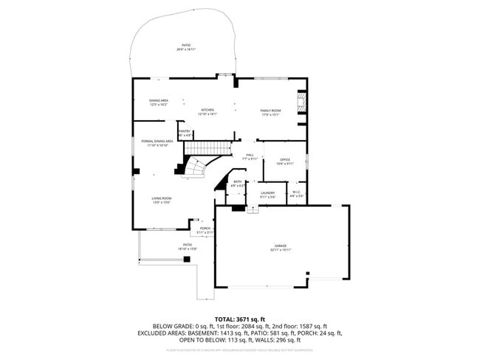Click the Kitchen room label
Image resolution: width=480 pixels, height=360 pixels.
point(208,110)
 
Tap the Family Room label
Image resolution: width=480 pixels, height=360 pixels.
point(271,110)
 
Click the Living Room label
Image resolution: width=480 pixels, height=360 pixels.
point(162,198)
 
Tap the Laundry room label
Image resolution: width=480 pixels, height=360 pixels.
point(267,193)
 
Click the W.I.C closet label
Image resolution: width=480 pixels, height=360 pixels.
point(296,193)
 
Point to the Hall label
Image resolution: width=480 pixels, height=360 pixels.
point(250,155)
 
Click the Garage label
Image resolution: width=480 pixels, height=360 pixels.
point(281,246)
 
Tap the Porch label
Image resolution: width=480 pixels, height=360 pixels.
point(205,229)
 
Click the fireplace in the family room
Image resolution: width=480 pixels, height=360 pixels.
point(301,103)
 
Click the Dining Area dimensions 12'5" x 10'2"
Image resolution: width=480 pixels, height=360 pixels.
point(159,105)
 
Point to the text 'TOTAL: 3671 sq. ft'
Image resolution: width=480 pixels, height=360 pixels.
point(239,318)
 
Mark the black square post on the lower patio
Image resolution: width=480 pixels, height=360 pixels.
point(136,171)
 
